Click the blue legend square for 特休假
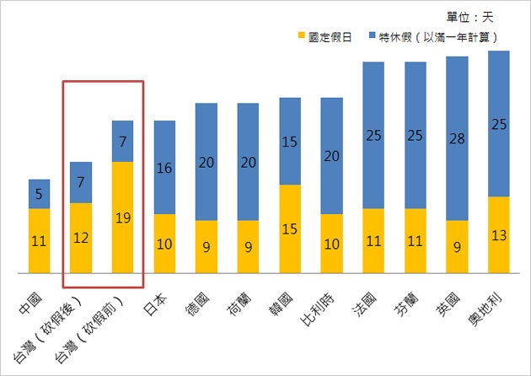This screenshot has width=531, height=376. pyautogui.click(x=375, y=38)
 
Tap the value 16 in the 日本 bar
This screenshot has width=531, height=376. pyautogui.click(x=164, y=169)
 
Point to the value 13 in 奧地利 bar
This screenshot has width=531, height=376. pyautogui.click(x=499, y=235)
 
